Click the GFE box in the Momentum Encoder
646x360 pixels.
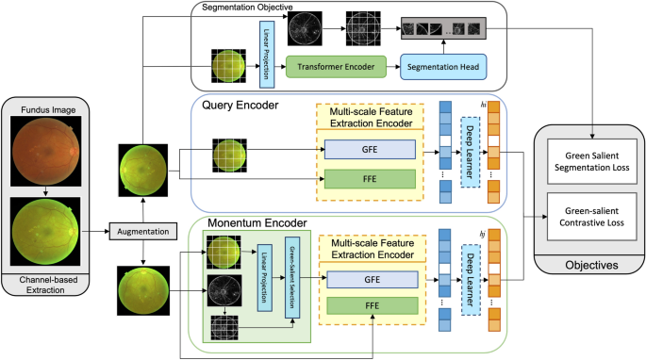click(370, 280)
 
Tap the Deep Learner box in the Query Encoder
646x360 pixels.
click(469, 145)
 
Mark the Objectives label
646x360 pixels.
click(582, 266)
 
